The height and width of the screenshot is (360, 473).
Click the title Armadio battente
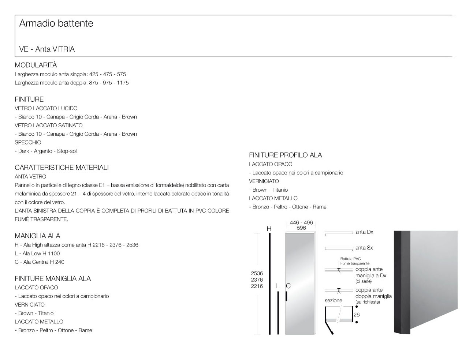pyautogui.click(x=56, y=23)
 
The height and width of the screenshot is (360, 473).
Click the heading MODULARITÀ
pyautogui.click(x=36, y=65)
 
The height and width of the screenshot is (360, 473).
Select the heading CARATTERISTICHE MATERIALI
pyautogui.click(x=62, y=168)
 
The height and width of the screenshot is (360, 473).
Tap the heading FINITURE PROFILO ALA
pyautogui.click(x=285, y=155)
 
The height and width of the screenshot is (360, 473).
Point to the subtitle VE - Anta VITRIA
pyautogui.click(x=47, y=49)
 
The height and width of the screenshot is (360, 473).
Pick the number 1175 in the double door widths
pyautogui.click(x=123, y=83)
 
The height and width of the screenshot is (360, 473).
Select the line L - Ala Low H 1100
pyautogui.click(x=37, y=254)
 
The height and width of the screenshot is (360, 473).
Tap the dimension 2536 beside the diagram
pyautogui.click(x=257, y=273)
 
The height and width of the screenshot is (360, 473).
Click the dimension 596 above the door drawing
pyautogui.click(x=301, y=228)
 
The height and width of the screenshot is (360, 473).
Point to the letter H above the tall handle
pyautogui.click(x=269, y=229)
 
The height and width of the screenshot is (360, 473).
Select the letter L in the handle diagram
pyautogui.click(x=278, y=286)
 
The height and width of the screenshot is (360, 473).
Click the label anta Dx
pyautogui.click(x=364, y=232)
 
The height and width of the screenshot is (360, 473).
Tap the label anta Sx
pyautogui.click(x=364, y=248)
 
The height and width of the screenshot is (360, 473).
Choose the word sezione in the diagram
pyautogui.click(x=333, y=300)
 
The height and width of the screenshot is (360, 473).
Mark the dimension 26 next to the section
pyautogui.click(x=357, y=315)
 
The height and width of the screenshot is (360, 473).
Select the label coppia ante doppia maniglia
pyautogui.click(x=373, y=293)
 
